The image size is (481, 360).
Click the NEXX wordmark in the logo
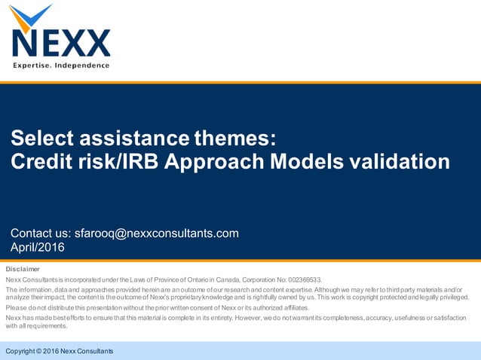click(x=60, y=44)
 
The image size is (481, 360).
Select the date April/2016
click(x=38, y=247)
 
